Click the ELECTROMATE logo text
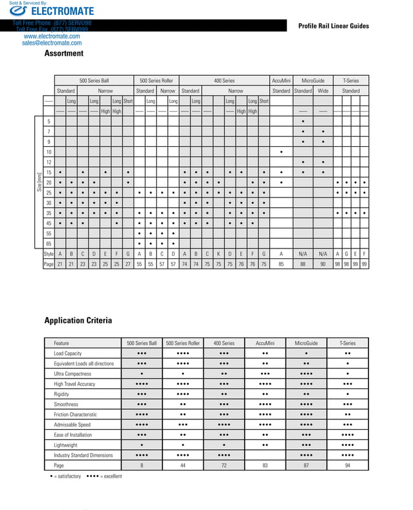[x=61, y=11]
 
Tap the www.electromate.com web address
[x=52, y=36]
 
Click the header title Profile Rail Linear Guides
[x=333, y=26]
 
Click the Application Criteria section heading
[x=78, y=320]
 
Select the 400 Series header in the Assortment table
[x=224, y=80]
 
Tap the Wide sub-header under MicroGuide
[x=323, y=91]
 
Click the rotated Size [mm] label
[x=39, y=183]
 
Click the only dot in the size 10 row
[x=281, y=152]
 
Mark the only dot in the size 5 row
[x=303, y=122]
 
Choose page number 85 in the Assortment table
[x=281, y=264]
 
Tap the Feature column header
[x=61, y=343]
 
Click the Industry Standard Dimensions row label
[x=83, y=455]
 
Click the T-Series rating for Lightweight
[x=348, y=445]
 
